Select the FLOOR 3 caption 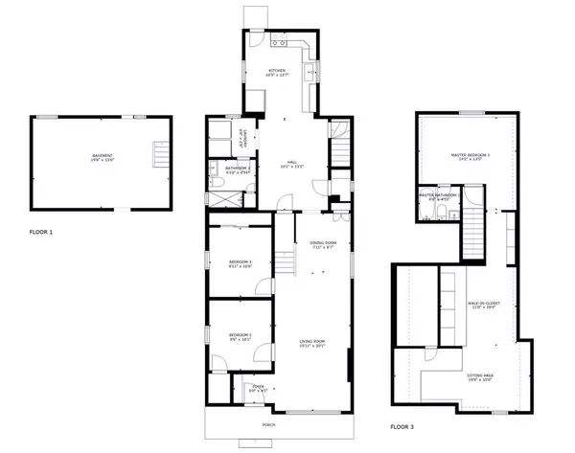click(x=403, y=426)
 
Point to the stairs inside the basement click(x=160, y=154)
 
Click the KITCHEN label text click(x=278, y=72)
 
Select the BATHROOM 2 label click(x=239, y=170)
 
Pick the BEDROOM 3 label click(x=240, y=263)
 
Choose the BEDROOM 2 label click(x=240, y=335)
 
